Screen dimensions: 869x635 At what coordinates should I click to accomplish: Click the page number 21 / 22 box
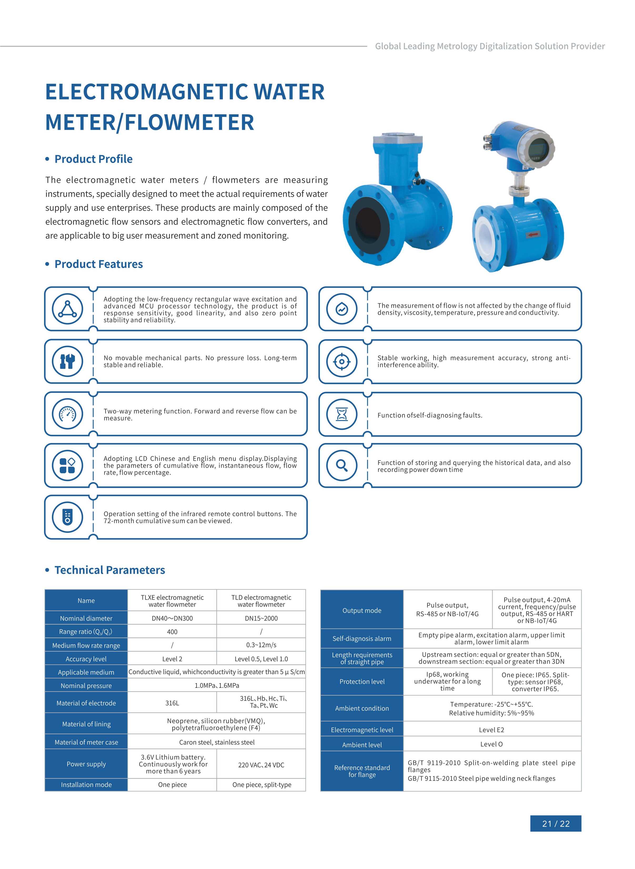tap(556, 824)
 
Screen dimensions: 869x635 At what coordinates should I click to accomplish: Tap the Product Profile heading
tap(93, 159)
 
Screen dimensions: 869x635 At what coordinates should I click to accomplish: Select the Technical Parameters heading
tap(109, 570)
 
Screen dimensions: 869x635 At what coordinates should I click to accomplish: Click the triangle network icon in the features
tap(68, 309)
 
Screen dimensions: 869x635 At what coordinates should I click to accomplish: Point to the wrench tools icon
tap(68, 361)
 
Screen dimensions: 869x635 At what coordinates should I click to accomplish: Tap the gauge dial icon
tap(68, 414)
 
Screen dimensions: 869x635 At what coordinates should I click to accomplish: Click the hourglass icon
tap(342, 414)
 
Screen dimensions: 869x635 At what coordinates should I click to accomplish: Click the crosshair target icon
tap(342, 361)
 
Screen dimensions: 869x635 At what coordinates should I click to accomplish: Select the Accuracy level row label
tap(86, 659)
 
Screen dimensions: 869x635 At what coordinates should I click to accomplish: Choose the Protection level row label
tap(362, 681)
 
